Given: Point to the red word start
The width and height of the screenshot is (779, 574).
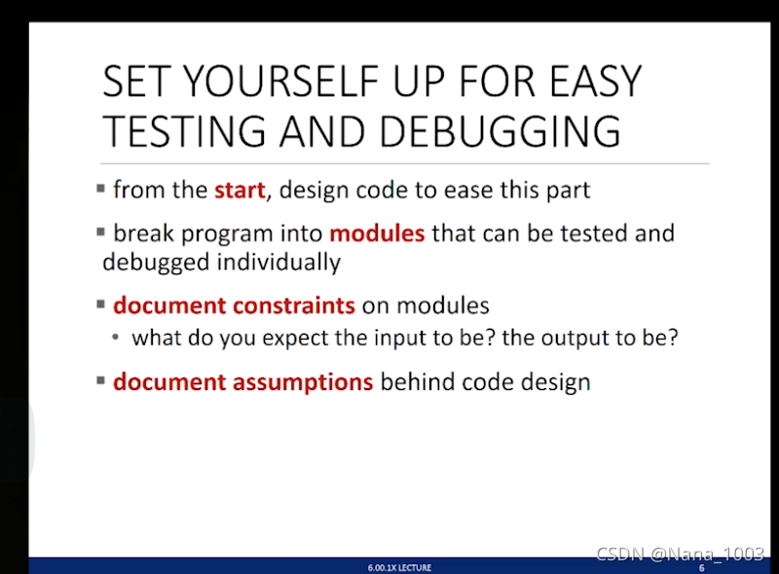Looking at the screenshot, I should [240, 189].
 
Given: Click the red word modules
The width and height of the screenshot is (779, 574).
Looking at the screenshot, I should [377, 233].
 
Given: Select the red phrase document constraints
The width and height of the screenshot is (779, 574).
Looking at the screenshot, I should [234, 305].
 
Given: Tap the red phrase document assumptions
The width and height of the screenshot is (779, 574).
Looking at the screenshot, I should [242, 381].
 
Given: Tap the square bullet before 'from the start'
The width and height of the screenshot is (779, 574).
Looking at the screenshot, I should [102, 189].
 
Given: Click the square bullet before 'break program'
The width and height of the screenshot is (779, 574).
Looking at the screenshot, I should [102, 233].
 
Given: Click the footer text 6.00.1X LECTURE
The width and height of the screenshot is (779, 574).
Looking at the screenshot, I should [399, 567].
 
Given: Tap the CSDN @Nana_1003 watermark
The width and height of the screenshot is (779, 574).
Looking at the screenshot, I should [680, 554].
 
